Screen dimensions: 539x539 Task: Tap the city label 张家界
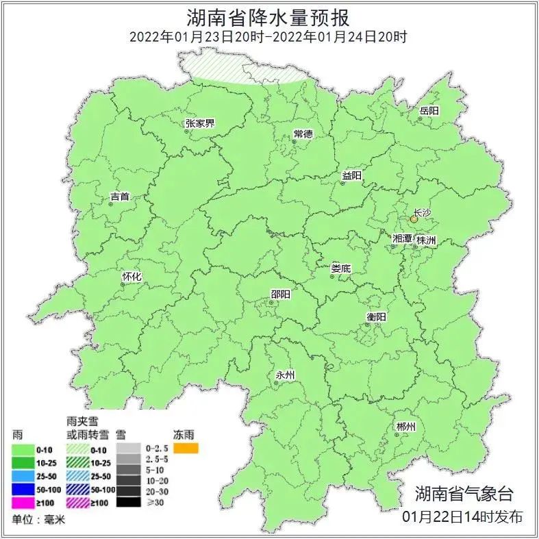pyautogui.click(x=200, y=123)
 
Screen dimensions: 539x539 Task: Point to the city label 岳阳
pyautogui.click(x=429, y=110)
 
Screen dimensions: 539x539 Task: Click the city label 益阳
pyautogui.click(x=351, y=176)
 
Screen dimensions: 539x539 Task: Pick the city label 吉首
pyautogui.click(x=120, y=197)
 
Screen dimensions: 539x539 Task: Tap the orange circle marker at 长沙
pyautogui.click(x=414, y=220)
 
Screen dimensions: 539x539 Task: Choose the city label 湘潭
pyautogui.click(x=402, y=239)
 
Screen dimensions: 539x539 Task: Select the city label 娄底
pyautogui.click(x=340, y=268)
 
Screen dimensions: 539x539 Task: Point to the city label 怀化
pyautogui.click(x=131, y=276)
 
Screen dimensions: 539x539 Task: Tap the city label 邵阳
pyautogui.click(x=280, y=294)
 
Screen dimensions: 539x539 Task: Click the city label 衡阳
pyautogui.click(x=376, y=316)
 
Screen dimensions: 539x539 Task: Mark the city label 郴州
pyautogui.click(x=406, y=427)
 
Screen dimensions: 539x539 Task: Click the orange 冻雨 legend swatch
pyautogui.click(x=186, y=449)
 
